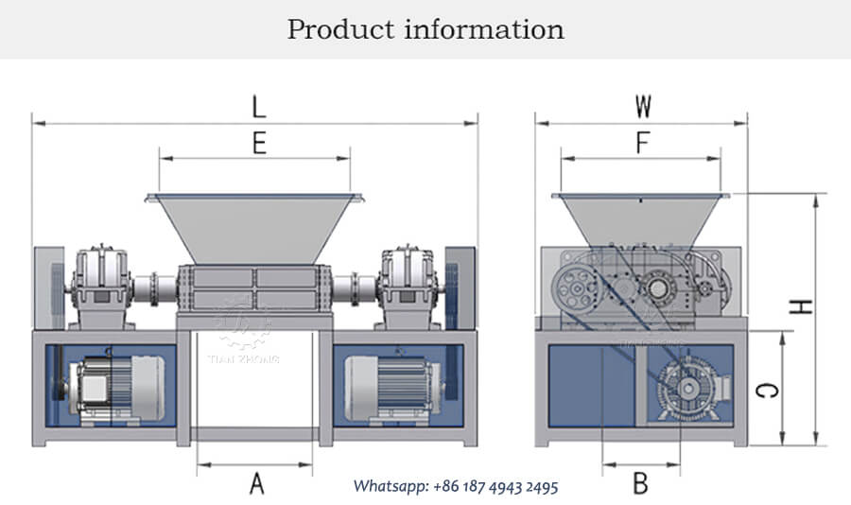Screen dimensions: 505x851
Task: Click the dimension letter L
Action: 259,107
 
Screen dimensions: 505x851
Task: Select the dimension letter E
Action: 259,143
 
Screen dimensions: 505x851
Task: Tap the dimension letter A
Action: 256,484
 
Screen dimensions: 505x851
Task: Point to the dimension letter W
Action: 642,105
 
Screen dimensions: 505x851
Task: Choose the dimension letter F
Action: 642,143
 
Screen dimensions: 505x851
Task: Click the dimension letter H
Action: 802,307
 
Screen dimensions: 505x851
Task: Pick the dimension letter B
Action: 640,484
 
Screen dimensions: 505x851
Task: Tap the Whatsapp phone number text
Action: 456,486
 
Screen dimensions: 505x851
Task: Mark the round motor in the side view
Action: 684,388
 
